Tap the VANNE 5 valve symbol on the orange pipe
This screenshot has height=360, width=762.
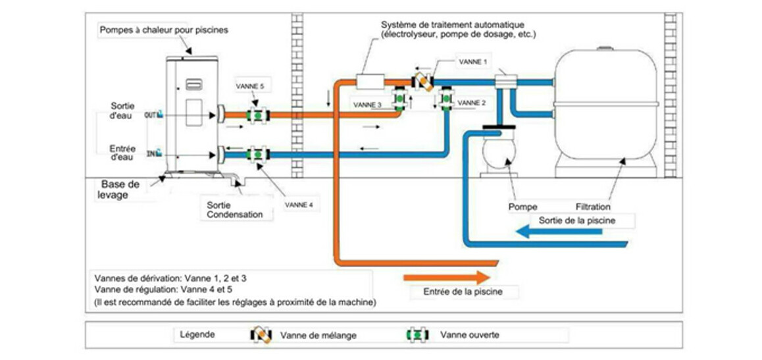pos(257,115)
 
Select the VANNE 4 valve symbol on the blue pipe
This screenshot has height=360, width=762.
pos(257,155)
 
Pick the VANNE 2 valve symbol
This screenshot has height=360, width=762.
pos(445,100)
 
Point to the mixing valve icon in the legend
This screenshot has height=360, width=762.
pos(261,335)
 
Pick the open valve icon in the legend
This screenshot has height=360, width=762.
pos(417,335)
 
